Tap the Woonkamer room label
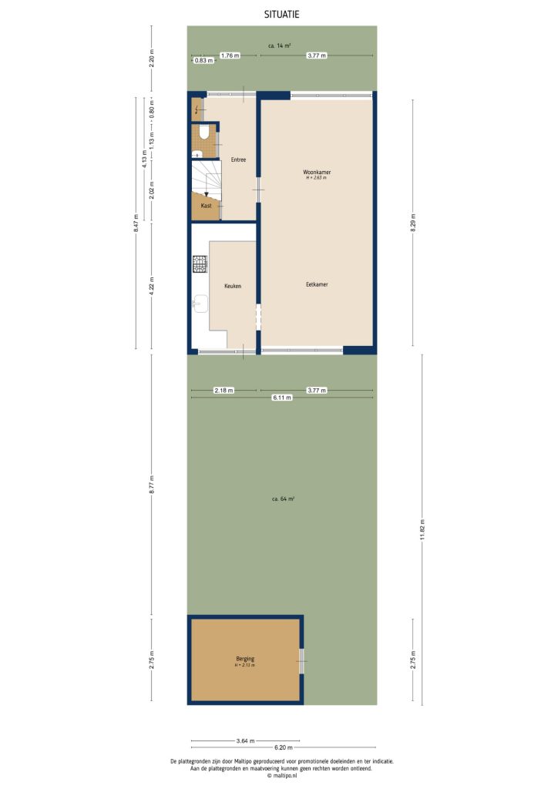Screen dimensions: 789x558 pyautogui.click(x=317, y=172)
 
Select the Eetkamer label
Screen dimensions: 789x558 pyautogui.click(x=317, y=284)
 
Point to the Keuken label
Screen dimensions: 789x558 pyautogui.click(x=232, y=286)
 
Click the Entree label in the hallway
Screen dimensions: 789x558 pyautogui.click(x=238, y=159)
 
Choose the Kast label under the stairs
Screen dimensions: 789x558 pyautogui.click(x=206, y=206)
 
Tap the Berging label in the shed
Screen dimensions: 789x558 pyautogui.click(x=245, y=659)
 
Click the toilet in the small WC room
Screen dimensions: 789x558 pyautogui.click(x=203, y=133)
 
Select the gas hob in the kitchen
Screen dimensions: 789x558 pyautogui.click(x=200, y=264)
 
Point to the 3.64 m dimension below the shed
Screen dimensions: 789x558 pyautogui.click(x=244, y=741)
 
